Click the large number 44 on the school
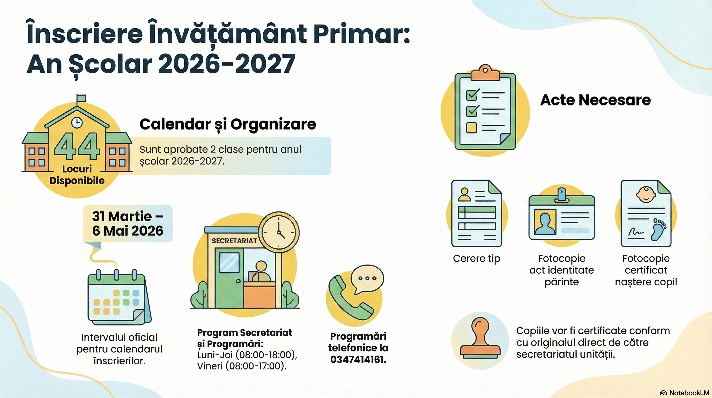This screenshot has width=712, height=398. point(77,146)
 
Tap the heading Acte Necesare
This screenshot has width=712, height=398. point(595,100)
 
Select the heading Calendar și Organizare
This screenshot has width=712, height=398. point(228,124)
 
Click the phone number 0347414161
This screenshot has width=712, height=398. point(358,360)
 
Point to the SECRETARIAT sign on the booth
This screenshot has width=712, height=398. point(234,241)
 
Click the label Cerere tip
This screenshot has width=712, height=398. point(477,259)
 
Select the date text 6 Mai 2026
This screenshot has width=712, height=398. point(128,231)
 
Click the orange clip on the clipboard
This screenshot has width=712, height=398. point(485,73)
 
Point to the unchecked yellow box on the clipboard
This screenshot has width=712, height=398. point(472,127)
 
